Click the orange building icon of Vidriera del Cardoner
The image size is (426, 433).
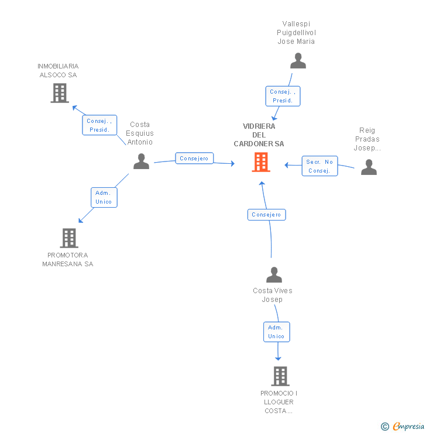(261, 162)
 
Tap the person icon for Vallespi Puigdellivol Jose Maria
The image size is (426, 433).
(298, 61)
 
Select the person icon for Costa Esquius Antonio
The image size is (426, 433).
(141, 161)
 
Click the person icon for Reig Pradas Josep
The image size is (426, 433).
(369, 167)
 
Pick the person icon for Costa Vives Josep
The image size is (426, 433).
(274, 275)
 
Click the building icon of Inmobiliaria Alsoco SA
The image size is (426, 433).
(59, 93)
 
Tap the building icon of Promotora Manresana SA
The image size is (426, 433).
(69, 238)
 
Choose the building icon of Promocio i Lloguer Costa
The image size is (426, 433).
(280, 376)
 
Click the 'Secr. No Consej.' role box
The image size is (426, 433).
(319, 166)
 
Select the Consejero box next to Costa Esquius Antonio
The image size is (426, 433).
(194, 159)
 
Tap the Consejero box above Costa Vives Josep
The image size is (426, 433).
(266, 215)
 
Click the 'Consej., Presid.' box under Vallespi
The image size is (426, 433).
(283, 96)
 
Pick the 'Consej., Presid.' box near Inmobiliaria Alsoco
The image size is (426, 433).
(99, 125)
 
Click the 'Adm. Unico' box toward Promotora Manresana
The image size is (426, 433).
(104, 197)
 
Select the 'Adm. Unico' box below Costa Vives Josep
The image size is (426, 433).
(276, 332)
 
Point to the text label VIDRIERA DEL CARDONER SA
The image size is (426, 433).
(259, 135)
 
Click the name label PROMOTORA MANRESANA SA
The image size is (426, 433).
(68, 260)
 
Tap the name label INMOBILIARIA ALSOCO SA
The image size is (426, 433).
(58, 71)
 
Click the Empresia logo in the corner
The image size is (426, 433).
(408, 427)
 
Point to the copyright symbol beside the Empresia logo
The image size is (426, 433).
(385, 427)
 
